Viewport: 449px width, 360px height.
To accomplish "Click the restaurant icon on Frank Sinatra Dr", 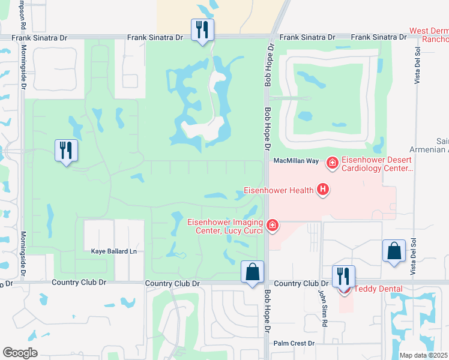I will pyautogui.click(x=202, y=29).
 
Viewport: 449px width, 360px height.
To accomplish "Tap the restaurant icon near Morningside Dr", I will pyautogui.click(x=66, y=151).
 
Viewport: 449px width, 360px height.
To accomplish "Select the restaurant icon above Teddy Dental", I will pyautogui.click(x=343, y=276).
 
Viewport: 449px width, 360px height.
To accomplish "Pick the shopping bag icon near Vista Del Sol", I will pyautogui.click(x=394, y=251).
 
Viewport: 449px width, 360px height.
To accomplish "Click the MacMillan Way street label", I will pyautogui.click(x=296, y=161).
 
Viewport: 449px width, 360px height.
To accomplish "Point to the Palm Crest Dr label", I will pyautogui.click(x=294, y=344).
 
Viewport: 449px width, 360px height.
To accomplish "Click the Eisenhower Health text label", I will pyautogui.click(x=279, y=191).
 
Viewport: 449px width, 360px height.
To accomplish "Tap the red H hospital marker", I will pyautogui.click(x=323, y=191).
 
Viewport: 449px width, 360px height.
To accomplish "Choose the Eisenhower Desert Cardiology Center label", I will pyautogui.click(x=376, y=164).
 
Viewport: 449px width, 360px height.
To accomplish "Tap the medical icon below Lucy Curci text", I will pyautogui.click(x=273, y=225).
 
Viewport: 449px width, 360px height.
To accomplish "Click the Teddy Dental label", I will pyautogui.click(x=378, y=289).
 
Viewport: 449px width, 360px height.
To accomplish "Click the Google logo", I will pyautogui.click(x=20, y=353).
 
